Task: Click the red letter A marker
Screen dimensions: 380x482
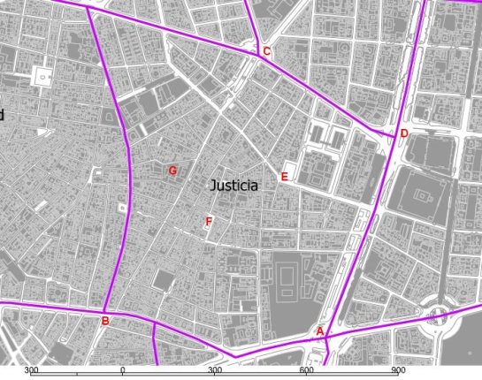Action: tap(320, 331)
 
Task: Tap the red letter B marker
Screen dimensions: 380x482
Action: tap(104, 321)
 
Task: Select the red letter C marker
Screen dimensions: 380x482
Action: tap(266, 52)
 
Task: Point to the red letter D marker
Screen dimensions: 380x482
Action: tap(404, 134)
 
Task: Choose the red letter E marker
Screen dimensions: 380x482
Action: tap(284, 177)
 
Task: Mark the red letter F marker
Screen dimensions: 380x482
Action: tap(209, 222)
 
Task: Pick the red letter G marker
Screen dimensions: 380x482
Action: tap(172, 171)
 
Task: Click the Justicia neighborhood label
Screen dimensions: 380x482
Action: tap(234, 186)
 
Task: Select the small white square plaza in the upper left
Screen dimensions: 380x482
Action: tap(39, 77)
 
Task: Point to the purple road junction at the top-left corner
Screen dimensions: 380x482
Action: tap(88, 7)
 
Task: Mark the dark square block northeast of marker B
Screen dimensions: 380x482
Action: tap(163, 281)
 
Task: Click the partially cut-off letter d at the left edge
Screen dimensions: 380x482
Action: tap(2, 115)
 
